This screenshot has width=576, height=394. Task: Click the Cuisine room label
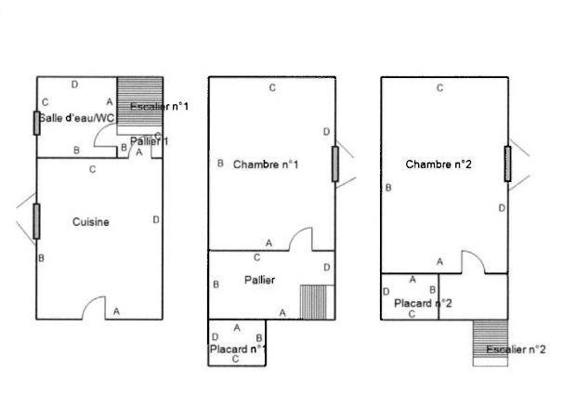tap(91, 222)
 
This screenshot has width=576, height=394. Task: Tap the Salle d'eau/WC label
tap(76, 118)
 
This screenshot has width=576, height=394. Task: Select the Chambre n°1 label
tap(266, 164)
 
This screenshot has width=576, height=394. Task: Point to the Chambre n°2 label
tap(439, 164)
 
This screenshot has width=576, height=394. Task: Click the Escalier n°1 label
tap(159, 107)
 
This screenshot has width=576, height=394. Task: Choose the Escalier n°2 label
tap(516, 349)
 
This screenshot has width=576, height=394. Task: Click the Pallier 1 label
tap(149, 141)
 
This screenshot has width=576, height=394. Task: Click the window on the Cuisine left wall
tap(36, 220)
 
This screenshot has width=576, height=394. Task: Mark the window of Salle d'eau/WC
tap(36, 123)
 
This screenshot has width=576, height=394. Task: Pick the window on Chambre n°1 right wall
tap(334, 164)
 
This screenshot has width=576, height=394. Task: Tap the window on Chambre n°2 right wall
tap(508, 163)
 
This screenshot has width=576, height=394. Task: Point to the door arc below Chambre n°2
tap(475, 264)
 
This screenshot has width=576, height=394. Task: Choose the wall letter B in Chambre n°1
tap(220, 164)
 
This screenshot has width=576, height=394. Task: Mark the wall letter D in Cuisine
tap(155, 219)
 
